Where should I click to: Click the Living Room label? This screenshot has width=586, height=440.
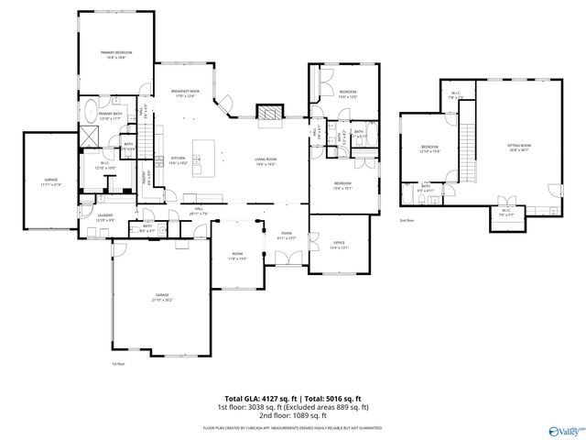click(266, 161)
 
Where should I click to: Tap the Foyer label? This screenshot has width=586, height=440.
click(286, 236)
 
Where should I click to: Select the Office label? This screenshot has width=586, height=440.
click(338, 244)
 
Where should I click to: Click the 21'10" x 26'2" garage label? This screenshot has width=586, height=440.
click(162, 298)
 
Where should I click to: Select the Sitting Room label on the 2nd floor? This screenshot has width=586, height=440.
click(518, 148)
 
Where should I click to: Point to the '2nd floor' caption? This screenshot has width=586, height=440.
click(407, 221)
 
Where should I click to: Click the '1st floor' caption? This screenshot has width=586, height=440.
click(117, 364)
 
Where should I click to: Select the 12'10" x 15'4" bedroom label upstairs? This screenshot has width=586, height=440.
click(429, 149)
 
